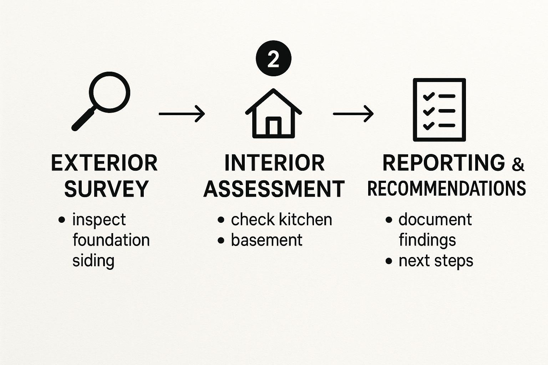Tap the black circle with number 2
pyautogui.click(x=274, y=58)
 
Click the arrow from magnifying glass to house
pyautogui.click(x=182, y=114)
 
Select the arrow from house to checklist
pyautogui.click(x=353, y=114)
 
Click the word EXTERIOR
pyautogui.click(x=105, y=163)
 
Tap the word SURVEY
pyautogui.click(x=106, y=189)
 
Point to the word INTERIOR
pyautogui.click(x=274, y=163)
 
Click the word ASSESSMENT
pyautogui.click(x=274, y=189)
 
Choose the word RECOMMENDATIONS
pyautogui.click(x=447, y=188)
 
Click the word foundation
pyautogui.click(x=111, y=240)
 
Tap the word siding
pyautogui.click(x=93, y=261)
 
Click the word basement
pyautogui.click(x=267, y=240)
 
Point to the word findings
pyautogui.click(x=427, y=241)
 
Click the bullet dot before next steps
pyautogui.click(x=389, y=261)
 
